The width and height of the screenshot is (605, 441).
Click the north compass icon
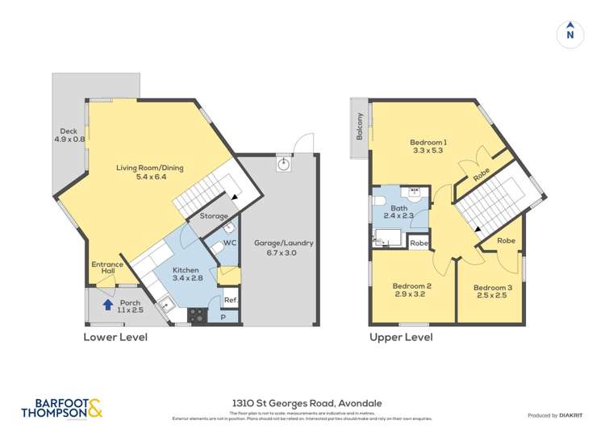[570, 33]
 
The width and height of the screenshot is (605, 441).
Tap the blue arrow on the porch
[106, 304]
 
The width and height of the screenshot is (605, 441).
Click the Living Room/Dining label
[149, 173]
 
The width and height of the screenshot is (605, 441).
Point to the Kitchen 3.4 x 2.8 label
[190, 273]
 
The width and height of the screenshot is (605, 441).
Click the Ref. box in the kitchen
[230, 300]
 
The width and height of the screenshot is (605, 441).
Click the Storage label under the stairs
[214, 216]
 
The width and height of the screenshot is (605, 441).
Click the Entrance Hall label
[107, 269]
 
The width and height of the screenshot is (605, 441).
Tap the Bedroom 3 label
[492, 293]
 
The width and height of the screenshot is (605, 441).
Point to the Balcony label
[361, 126]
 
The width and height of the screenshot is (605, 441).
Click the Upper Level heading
[400, 337]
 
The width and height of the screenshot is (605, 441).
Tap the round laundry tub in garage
[283, 164]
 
